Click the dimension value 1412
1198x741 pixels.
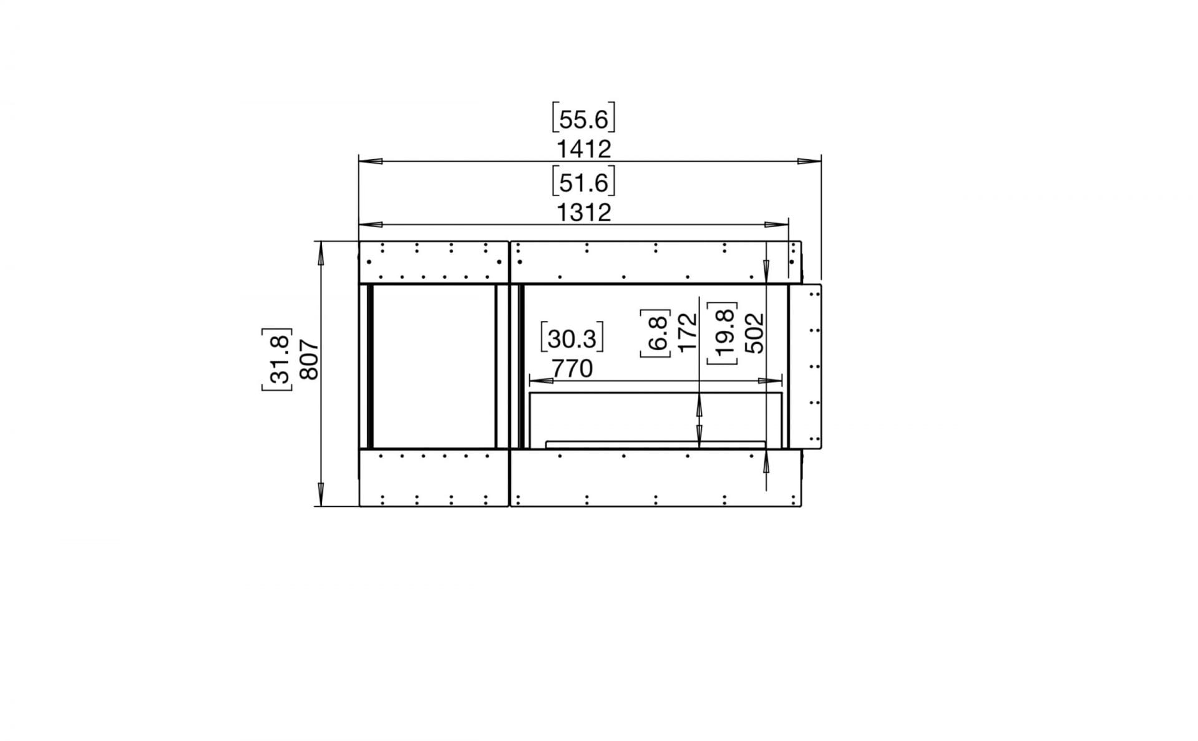point(583,150)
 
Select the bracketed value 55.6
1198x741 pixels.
point(583,119)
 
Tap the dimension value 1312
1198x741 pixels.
point(583,213)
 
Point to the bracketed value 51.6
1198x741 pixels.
point(583,182)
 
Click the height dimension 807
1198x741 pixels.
point(309,360)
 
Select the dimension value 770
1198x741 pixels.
point(572,369)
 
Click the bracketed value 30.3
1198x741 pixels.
point(572,339)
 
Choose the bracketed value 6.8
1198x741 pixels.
point(655,333)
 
